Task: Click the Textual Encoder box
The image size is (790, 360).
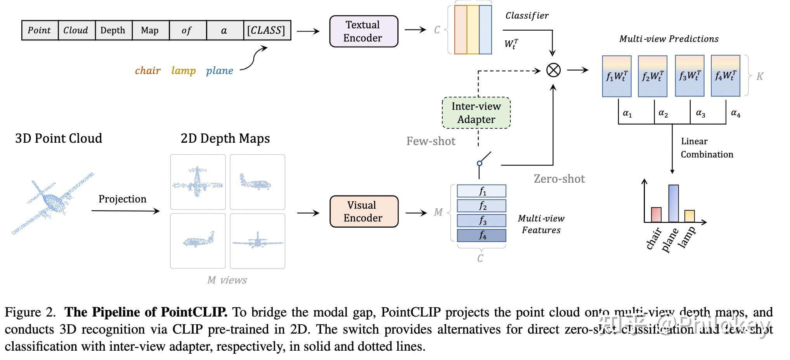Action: click(364, 31)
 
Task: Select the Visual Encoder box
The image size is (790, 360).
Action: click(364, 211)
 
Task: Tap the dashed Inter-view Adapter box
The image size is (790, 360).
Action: click(476, 113)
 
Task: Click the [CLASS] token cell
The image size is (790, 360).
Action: click(267, 30)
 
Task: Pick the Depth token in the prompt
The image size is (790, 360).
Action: click(113, 30)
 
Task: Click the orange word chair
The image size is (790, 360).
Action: click(147, 71)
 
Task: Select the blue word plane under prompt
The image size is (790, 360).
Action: click(219, 71)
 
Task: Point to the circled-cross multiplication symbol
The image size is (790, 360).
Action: click(553, 70)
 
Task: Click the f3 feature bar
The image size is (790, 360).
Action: click(482, 220)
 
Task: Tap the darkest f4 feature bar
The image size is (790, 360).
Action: click(482, 235)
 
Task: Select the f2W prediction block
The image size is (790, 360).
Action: click(653, 76)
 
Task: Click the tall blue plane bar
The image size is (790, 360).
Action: click(674, 203)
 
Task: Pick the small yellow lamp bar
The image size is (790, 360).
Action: click(690, 216)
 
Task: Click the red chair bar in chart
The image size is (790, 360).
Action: click(656, 215)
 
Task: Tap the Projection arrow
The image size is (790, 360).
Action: click(125, 211)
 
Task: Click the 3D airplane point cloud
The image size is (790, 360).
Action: click(52, 202)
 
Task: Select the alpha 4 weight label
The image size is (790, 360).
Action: click(735, 113)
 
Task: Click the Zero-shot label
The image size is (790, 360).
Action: click(559, 179)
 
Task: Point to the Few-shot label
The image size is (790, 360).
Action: click(431, 141)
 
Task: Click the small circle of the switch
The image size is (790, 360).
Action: click(480, 163)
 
